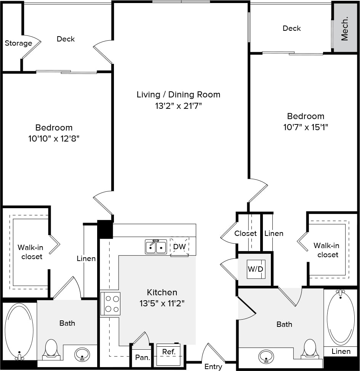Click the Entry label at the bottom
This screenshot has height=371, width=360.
213,366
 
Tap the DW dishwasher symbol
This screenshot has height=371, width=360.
179,247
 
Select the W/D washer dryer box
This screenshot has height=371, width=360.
255,269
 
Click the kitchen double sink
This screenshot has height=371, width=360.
156,247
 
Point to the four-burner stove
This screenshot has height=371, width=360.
110,303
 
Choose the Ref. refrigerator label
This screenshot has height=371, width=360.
169,352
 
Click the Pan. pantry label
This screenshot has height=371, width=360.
143,358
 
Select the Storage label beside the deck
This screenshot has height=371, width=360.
18,43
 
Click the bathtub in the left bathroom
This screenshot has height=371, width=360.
19,330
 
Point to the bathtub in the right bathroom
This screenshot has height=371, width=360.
341,318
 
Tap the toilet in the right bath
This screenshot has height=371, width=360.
310,349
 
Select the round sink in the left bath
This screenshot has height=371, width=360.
82,355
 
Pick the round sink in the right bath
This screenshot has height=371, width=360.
266,357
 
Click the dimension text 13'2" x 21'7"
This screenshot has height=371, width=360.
178,106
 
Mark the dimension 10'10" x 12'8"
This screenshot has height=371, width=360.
54,139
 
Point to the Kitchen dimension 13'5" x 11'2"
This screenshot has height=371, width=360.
162,304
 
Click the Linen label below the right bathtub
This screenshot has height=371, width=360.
341,351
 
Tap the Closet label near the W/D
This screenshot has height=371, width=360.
245,233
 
